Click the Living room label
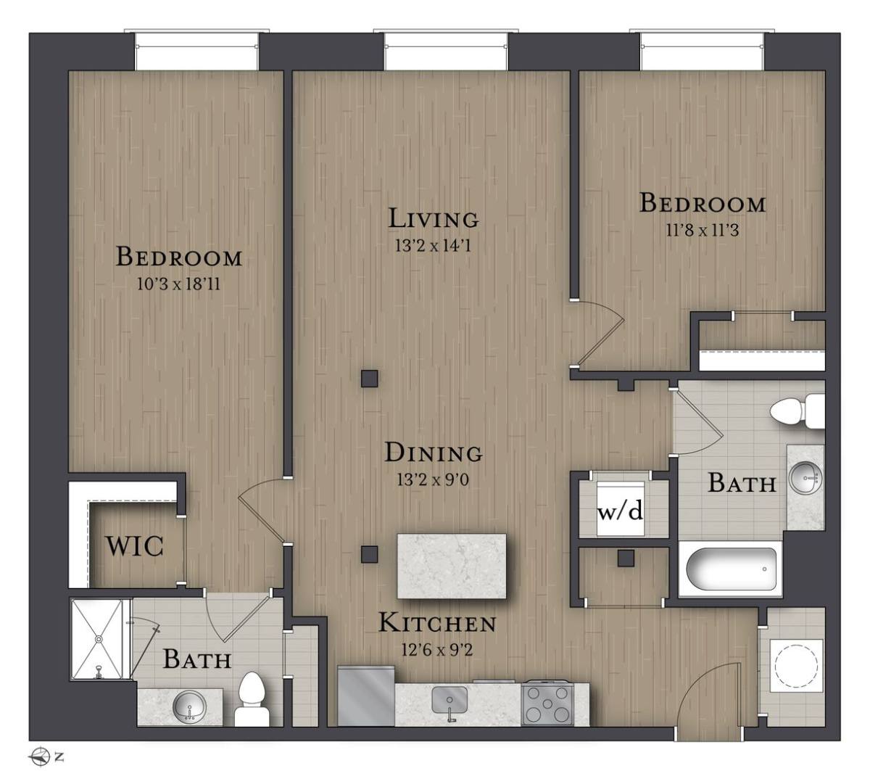[x=434, y=218]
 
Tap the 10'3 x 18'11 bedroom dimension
[x=178, y=284]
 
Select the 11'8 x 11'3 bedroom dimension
[x=703, y=231]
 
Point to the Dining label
[x=434, y=453]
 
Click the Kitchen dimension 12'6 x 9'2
[x=437, y=651]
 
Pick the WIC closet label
[x=135, y=546]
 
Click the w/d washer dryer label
[x=621, y=511]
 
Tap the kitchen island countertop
[x=452, y=566]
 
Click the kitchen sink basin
[x=449, y=700]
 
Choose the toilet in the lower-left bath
[x=252, y=700]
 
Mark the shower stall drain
[x=99, y=639]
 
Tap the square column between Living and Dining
[x=369, y=379]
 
